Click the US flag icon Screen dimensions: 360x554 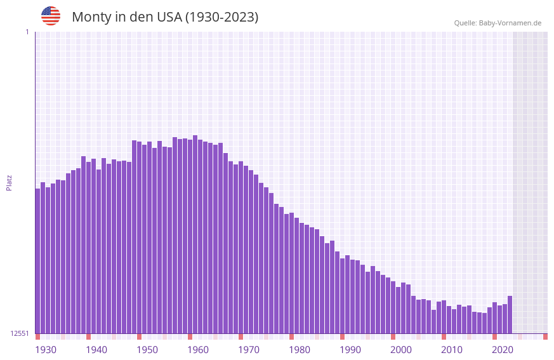click(x=51, y=16)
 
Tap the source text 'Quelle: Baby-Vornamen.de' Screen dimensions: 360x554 click(x=498, y=23)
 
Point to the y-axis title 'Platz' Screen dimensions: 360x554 click(x=9, y=182)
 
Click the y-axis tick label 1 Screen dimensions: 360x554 click(x=27, y=32)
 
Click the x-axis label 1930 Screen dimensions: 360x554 click(x=46, y=350)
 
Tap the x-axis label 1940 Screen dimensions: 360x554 click(x=96, y=350)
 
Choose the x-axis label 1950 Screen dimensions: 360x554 click(x=147, y=350)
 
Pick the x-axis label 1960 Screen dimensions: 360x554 click(x=198, y=350)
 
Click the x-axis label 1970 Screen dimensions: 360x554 click(x=249, y=350)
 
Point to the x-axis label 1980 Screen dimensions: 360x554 click(x=300, y=350)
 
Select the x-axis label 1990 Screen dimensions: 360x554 click(x=350, y=350)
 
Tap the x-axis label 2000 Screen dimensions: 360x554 click(x=401, y=350)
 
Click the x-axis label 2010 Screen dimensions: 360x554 click(x=452, y=350)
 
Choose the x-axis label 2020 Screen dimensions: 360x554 click(x=503, y=350)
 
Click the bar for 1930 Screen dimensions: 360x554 click(x=37, y=260)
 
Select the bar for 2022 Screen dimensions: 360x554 click(x=510, y=314)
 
